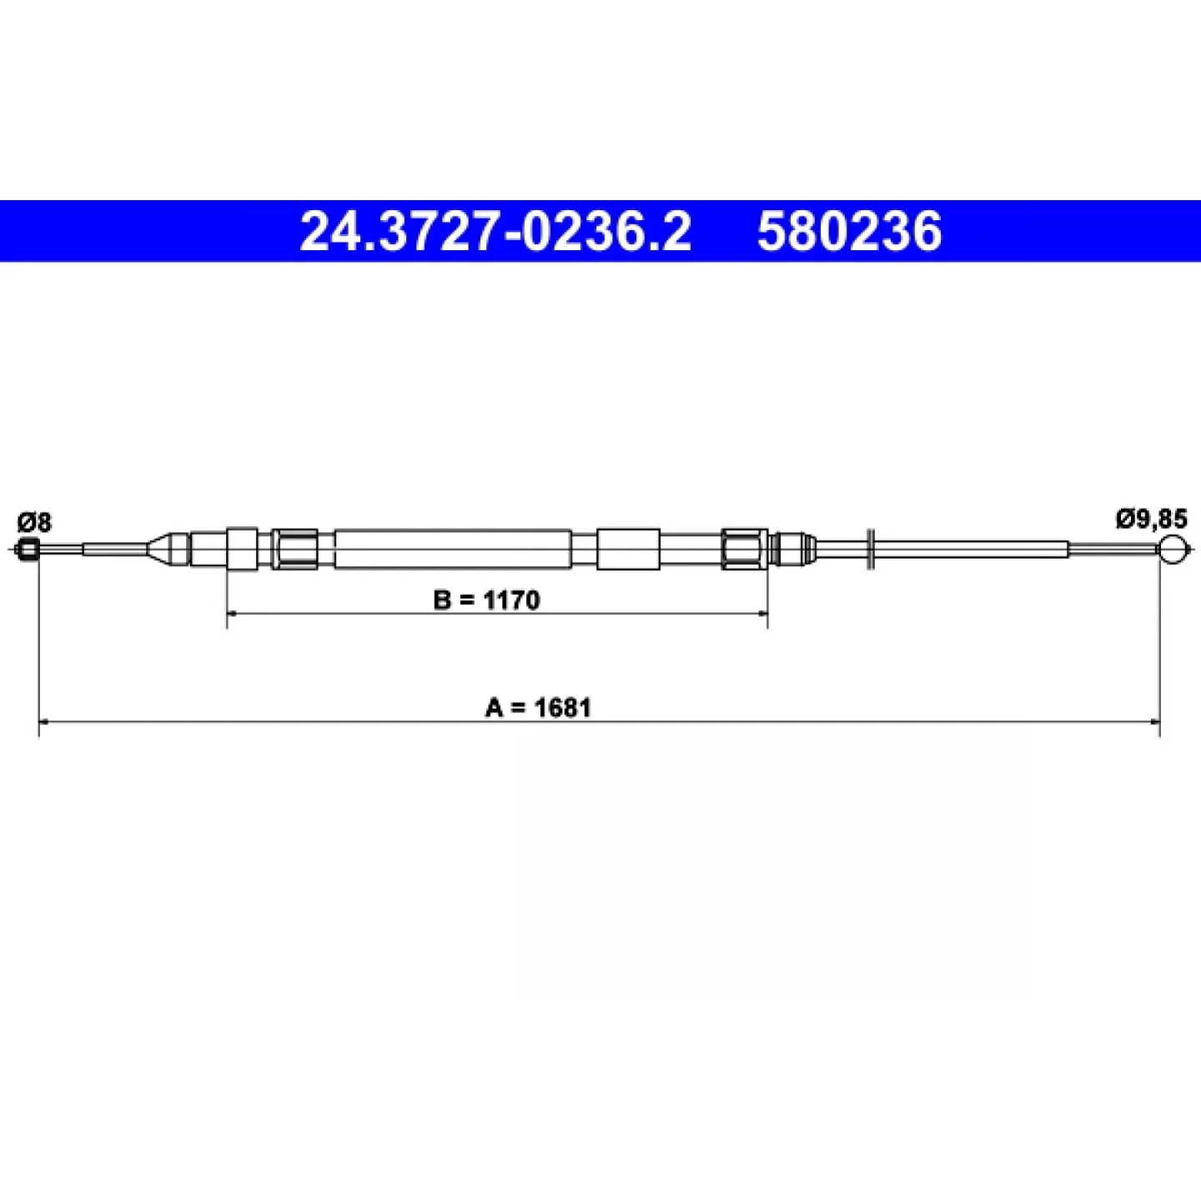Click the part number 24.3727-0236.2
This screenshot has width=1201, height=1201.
[495, 231]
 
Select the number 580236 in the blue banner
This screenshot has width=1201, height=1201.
[849, 231]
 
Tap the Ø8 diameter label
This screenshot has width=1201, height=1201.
[34, 522]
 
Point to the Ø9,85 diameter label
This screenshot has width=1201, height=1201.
[1152, 519]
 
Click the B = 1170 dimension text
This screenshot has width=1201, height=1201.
[487, 600]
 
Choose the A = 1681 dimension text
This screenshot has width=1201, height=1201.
[538, 708]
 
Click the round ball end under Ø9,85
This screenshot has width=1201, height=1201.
[1173, 549]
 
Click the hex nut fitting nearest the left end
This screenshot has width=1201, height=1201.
[295, 549]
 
